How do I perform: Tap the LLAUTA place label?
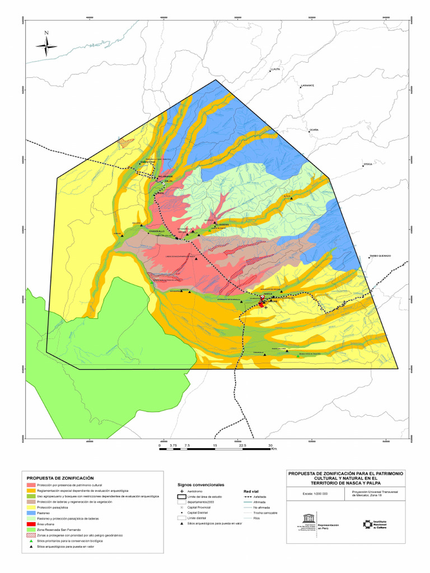pyautogui.click(x=274, y=69)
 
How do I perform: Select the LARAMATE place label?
pyautogui.click(x=307, y=86)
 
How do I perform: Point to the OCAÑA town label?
pyautogui.click(x=314, y=130)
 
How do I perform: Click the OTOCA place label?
pyautogui.click(x=368, y=165)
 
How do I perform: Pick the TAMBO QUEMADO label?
pyautogui.click(x=380, y=256)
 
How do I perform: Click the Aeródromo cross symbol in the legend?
pyautogui.click(x=182, y=490)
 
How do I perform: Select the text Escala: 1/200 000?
pyautogui.click(x=315, y=494)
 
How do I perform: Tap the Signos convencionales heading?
pyautogui.click(x=201, y=483)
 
